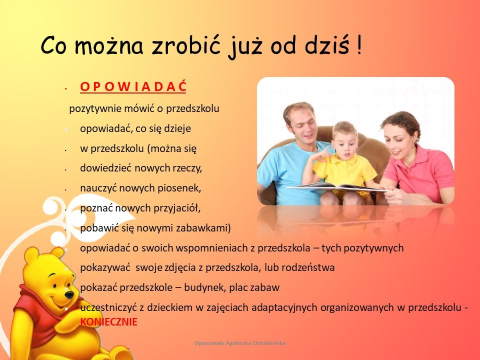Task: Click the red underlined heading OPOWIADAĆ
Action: click(133, 86)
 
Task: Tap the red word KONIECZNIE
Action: click(108, 322)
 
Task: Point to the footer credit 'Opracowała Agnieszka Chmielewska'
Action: click(240, 343)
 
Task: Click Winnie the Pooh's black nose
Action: click(69, 295)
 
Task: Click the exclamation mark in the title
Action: click(359, 45)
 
